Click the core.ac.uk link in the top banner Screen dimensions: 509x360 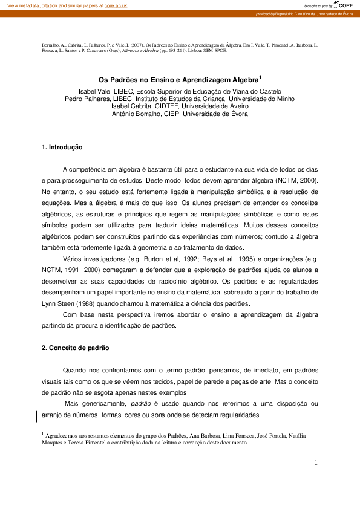(x=117, y=5)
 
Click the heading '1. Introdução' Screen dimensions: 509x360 (x=62, y=148)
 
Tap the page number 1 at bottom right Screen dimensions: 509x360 (x=316, y=463)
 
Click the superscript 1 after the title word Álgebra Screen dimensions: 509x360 (x=260, y=76)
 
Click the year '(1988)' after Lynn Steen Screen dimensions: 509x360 (x=84, y=303)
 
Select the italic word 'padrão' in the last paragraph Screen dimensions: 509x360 (x=141, y=404)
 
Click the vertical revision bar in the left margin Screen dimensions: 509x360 (x=38, y=415)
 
